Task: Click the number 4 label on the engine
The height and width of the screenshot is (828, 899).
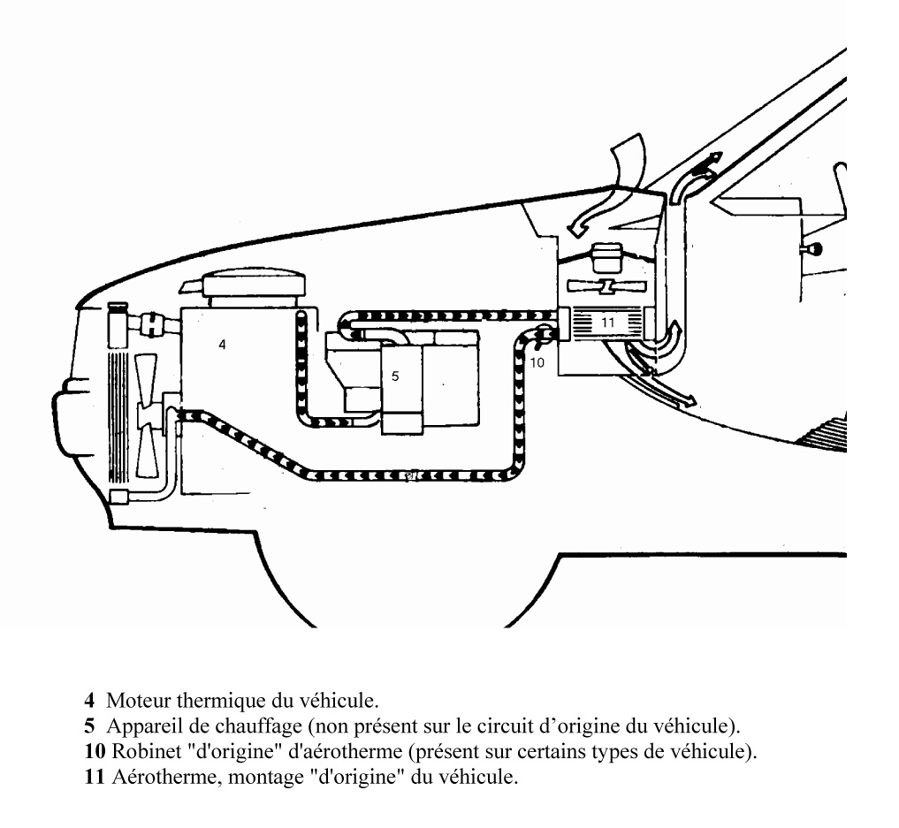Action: (223, 346)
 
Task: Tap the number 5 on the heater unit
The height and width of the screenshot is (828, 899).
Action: (395, 376)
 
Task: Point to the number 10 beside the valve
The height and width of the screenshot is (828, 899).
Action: (538, 361)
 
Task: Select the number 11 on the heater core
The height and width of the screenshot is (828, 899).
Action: (607, 323)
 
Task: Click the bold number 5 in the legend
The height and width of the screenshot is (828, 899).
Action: (89, 727)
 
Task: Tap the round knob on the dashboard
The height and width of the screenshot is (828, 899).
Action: (810, 250)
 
